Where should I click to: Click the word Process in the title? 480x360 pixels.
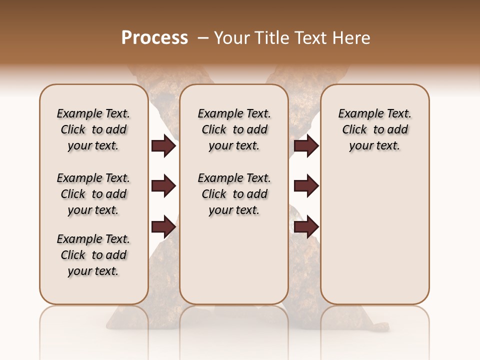pyautogui.click(x=154, y=38)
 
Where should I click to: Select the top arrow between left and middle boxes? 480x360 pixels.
pyautogui.click(x=163, y=146)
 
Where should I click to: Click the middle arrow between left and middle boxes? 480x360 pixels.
pyautogui.click(x=163, y=186)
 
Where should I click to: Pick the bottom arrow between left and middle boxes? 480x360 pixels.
pyautogui.click(x=163, y=226)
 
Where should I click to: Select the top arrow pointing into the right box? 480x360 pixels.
pyautogui.click(x=306, y=146)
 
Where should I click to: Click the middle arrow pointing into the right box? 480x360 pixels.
pyautogui.click(x=306, y=186)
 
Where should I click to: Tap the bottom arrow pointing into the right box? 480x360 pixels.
pyautogui.click(x=306, y=226)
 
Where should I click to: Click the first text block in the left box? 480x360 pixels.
pyautogui.click(x=93, y=129)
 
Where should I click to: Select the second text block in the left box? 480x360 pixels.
pyautogui.click(x=93, y=194)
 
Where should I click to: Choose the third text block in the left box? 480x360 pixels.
pyautogui.click(x=93, y=255)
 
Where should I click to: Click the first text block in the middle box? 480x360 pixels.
pyautogui.click(x=234, y=129)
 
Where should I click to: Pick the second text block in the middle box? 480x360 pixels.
pyautogui.click(x=234, y=194)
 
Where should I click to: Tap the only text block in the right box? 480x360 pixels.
pyautogui.click(x=374, y=129)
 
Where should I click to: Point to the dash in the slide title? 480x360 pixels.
pyautogui.click(x=202, y=38)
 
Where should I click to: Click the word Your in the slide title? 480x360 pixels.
pyautogui.click(x=231, y=38)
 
